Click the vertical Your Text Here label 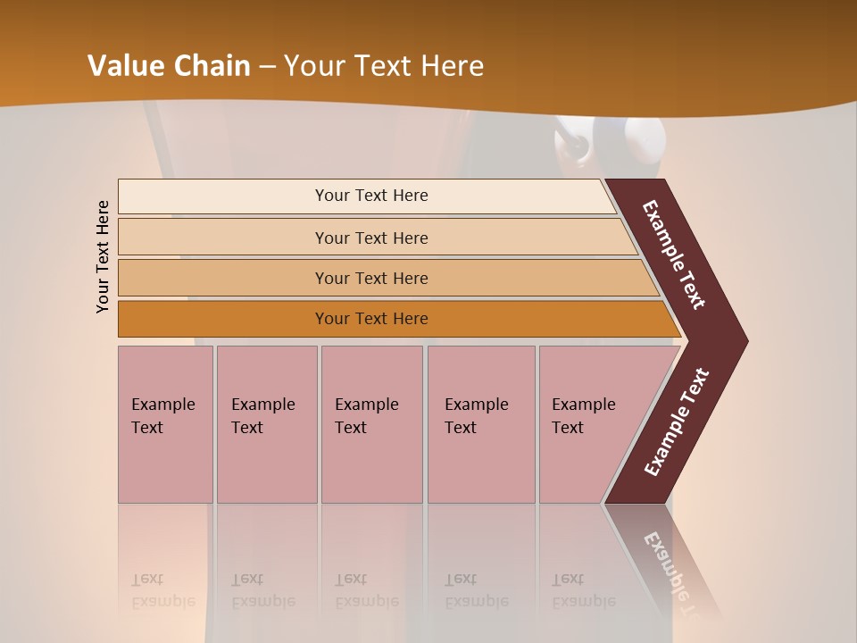click(103, 256)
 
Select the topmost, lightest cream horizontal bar click(371, 196)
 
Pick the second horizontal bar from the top click(371, 238)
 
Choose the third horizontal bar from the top click(371, 278)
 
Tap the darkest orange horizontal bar click(371, 319)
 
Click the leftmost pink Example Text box click(165, 424)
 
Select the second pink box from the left click(267, 424)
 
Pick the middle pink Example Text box click(371, 424)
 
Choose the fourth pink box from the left click(481, 424)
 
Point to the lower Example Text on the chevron click(676, 422)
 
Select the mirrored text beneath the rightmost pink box click(584, 590)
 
